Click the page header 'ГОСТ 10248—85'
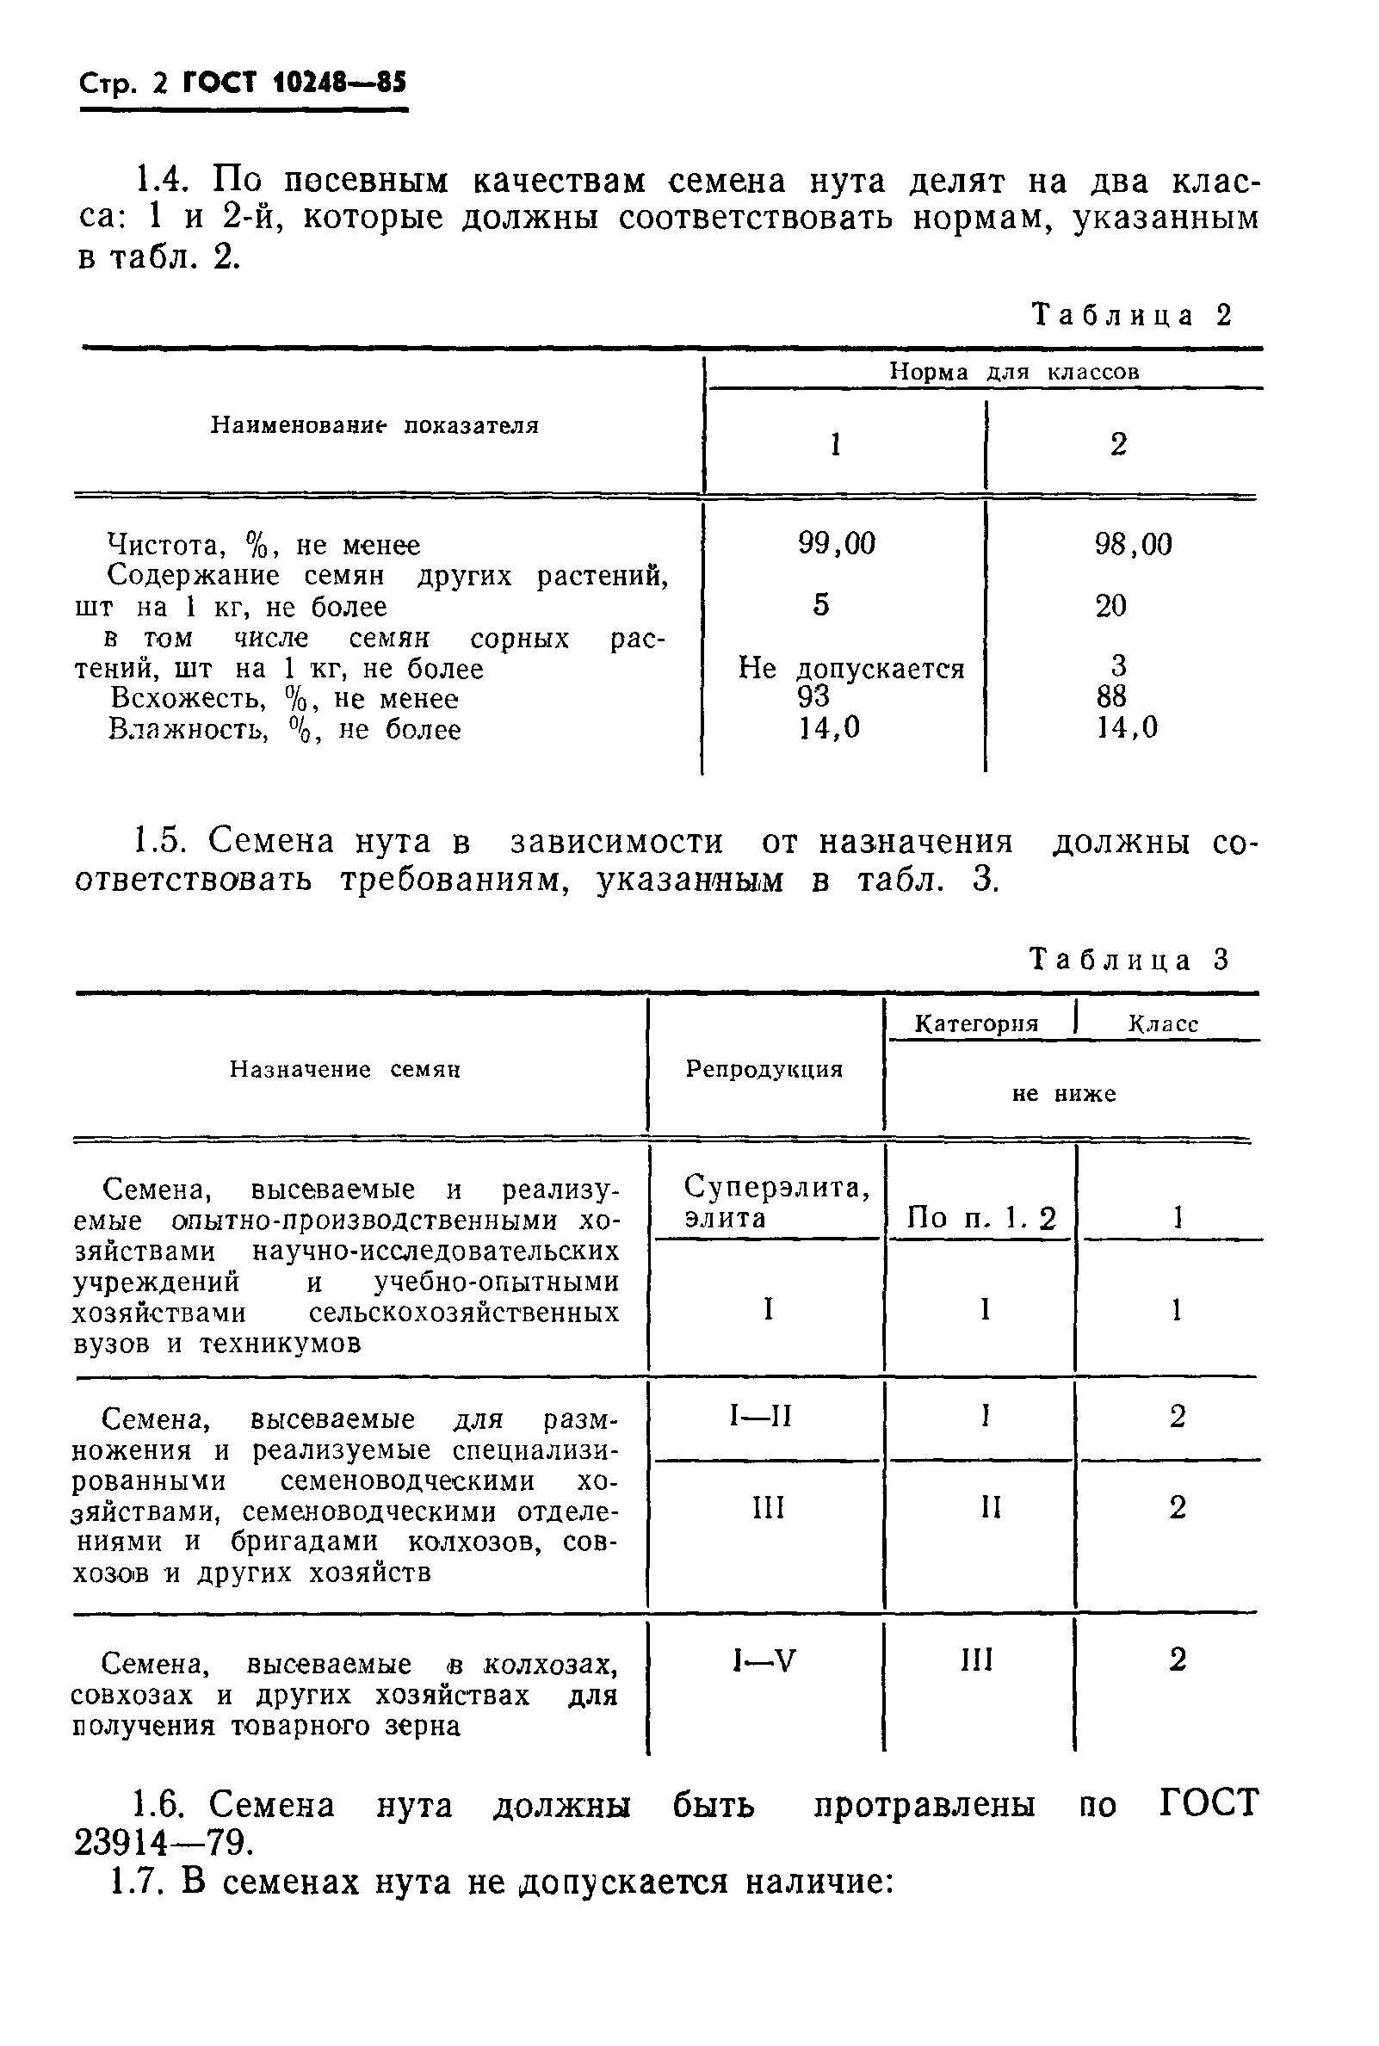(x=294, y=84)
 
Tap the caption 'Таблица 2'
(x=1132, y=316)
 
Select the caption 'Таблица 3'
(x=1129, y=959)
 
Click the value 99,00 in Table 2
(x=837, y=544)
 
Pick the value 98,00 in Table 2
(x=1133, y=545)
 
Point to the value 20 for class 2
(x=1110, y=606)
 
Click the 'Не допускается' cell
(x=850, y=668)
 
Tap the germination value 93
(x=813, y=696)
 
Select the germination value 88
(x=1110, y=696)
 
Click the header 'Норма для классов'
(x=1013, y=372)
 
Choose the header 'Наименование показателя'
(x=374, y=425)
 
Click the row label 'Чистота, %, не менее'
(x=263, y=545)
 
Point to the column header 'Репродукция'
(x=764, y=1069)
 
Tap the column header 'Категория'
(x=976, y=1023)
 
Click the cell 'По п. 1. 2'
(x=980, y=1218)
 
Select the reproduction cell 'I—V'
(x=764, y=1660)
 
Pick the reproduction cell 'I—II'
(x=762, y=1417)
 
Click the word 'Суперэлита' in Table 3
(x=776, y=1188)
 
